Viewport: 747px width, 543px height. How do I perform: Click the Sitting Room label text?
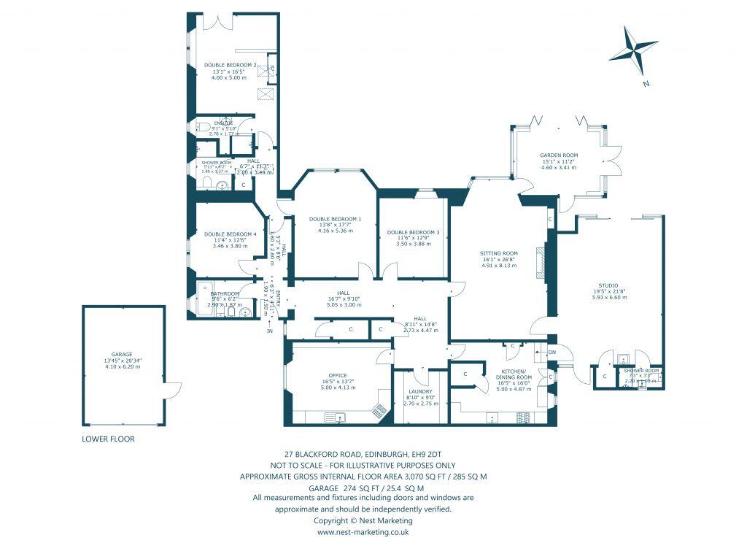499,253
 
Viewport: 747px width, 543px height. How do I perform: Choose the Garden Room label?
558,156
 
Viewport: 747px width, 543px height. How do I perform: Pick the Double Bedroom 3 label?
413,232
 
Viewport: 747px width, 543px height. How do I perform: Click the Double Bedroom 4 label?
225,234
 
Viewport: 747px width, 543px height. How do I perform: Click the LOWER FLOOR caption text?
108,439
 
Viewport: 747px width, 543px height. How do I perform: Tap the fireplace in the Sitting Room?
539,263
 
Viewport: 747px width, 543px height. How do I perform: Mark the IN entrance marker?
269,331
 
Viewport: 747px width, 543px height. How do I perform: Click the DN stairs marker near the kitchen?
551,352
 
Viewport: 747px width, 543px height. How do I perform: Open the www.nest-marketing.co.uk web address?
363,532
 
